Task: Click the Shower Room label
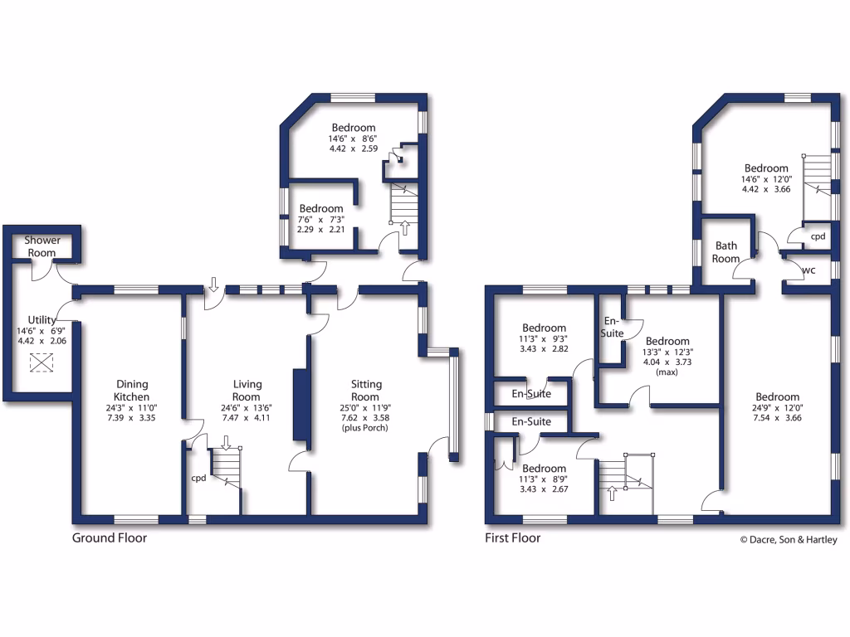pyautogui.click(x=42, y=246)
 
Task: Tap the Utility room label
pyautogui.click(x=41, y=319)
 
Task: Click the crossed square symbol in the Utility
pyautogui.click(x=41, y=362)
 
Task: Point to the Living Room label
pyautogui.click(x=247, y=390)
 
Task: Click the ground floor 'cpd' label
pyautogui.click(x=198, y=478)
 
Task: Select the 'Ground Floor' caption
pyautogui.click(x=110, y=538)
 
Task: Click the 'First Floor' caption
pyautogui.click(x=512, y=538)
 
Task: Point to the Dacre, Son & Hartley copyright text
pyautogui.click(x=789, y=540)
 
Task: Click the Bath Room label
pyautogui.click(x=726, y=252)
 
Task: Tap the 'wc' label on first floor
pyautogui.click(x=807, y=270)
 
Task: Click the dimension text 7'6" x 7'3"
pyautogui.click(x=321, y=219)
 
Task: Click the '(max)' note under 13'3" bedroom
pyautogui.click(x=667, y=373)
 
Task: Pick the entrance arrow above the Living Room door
pyautogui.click(x=213, y=285)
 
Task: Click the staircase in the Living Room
pyautogui.click(x=226, y=468)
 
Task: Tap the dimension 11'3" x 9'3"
pyautogui.click(x=544, y=338)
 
